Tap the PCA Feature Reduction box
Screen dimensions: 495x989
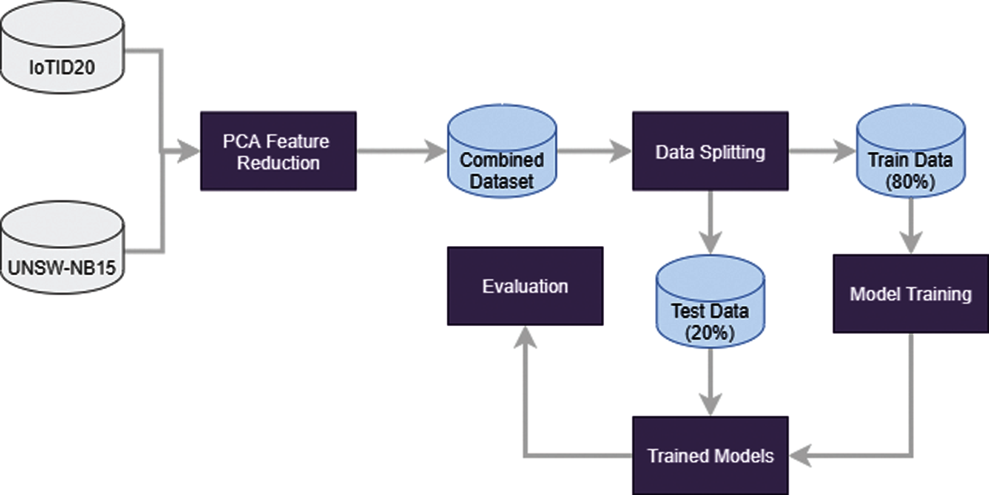[x=278, y=151]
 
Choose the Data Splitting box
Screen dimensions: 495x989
[x=710, y=151]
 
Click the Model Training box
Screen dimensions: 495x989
[x=911, y=294]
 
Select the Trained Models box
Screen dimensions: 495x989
[x=710, y=456]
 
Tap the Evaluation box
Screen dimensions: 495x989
[x=525, y=286]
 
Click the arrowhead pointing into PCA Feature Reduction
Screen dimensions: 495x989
[x=188, y=151]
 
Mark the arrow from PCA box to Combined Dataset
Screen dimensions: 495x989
[x=399, y=151]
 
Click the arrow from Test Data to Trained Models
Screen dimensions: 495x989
[x=710, y=383]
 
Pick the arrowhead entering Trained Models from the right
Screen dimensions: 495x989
[x=800, y=456]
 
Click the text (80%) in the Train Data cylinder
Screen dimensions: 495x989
[x=911, y=181]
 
